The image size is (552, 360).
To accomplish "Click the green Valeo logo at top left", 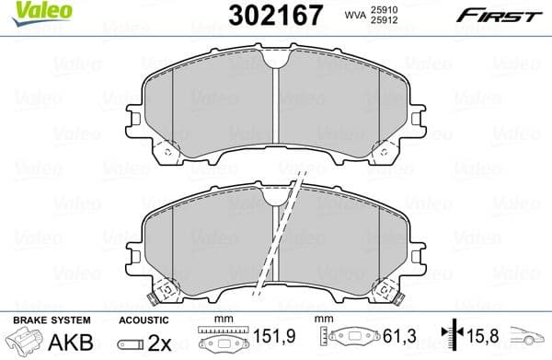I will (30, 11).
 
